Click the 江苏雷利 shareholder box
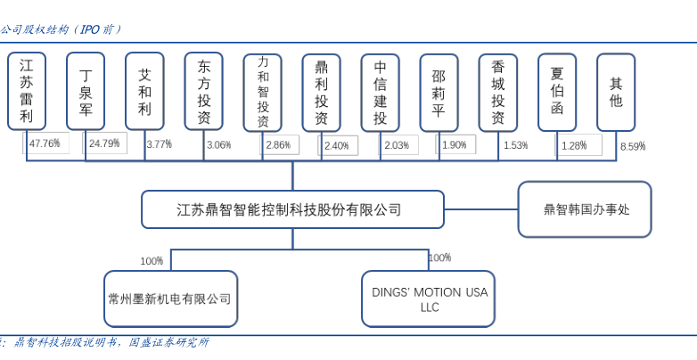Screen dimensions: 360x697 (27, 92)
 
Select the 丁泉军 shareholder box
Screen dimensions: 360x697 (86, 92)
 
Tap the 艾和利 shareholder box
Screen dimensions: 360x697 (144, 92)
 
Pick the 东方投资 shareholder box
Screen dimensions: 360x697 (204, 92)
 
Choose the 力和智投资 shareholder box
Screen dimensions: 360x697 (263, 92)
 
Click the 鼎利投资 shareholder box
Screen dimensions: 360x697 (322, 92)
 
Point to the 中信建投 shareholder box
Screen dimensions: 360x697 (381, 92)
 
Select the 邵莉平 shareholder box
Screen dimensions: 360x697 (439, 92)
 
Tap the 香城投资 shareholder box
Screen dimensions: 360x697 (498, 92)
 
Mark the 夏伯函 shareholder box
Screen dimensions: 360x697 (557, 92)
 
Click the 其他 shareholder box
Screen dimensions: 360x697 (616, 92)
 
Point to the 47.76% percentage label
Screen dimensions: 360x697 (45, 143)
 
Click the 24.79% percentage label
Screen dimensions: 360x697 (104, 143)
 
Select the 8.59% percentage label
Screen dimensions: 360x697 (632, 145)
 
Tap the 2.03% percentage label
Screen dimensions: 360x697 (396, 144)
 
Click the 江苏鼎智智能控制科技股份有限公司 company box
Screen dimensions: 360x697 (292, 210)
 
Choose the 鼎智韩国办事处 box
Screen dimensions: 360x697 (585, 210)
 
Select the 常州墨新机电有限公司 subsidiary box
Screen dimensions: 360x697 (170, 299)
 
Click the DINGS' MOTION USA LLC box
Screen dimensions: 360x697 (429, 299)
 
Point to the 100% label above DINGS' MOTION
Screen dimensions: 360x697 (439, 258)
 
